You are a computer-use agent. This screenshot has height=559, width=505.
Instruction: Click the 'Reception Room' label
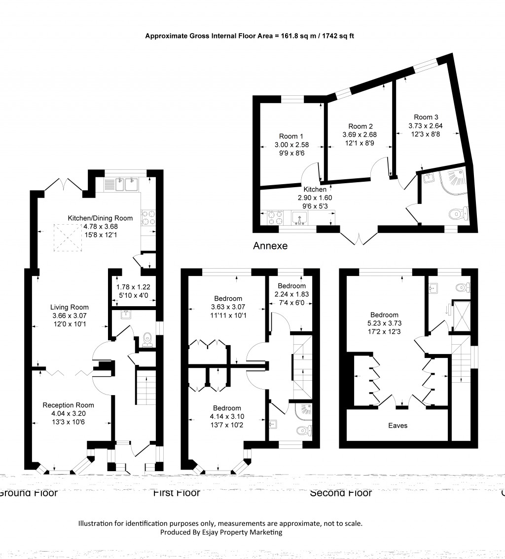tap(68, 405)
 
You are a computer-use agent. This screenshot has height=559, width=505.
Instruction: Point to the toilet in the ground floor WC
tap(147, 340)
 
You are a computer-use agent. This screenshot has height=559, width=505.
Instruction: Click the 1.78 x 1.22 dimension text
tap(133, 287)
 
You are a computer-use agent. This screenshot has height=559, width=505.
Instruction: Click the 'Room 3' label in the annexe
tap(426, 117)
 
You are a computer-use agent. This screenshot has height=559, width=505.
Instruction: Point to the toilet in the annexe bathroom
tap(458, 214)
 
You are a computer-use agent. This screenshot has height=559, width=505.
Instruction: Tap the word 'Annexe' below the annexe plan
tap(270, 245)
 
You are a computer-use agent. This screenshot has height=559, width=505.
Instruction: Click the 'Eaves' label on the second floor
tap(397, 425)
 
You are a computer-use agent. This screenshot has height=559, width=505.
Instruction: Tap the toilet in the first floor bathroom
tap(303, 431)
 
